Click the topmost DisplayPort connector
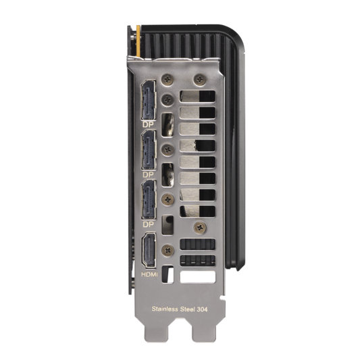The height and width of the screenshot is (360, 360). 149,100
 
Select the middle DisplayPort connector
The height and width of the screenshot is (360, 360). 149,150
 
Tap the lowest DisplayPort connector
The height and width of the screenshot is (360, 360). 149,199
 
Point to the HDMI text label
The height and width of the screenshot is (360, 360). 149,274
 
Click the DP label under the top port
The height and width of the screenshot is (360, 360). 148,125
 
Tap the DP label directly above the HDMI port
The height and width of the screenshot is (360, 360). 148,224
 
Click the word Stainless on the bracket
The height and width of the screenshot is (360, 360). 165,309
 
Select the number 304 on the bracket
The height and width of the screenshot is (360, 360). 202,309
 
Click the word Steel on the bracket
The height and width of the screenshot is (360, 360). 187,309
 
